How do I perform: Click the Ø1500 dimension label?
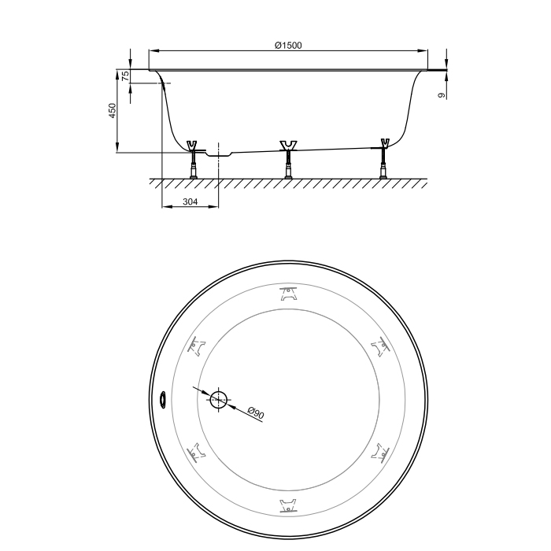(288, 46)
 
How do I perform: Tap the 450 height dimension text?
(112, 110)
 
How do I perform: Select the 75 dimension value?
(125, 76)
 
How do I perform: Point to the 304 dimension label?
(190, 202)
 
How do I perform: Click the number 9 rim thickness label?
(442, 95)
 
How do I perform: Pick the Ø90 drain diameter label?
(256, 412)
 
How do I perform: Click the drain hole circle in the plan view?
(219, 400)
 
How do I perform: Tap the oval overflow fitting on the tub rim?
(163, 400)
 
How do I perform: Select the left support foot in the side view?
(193, 160)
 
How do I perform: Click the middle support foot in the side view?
(288, 160)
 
